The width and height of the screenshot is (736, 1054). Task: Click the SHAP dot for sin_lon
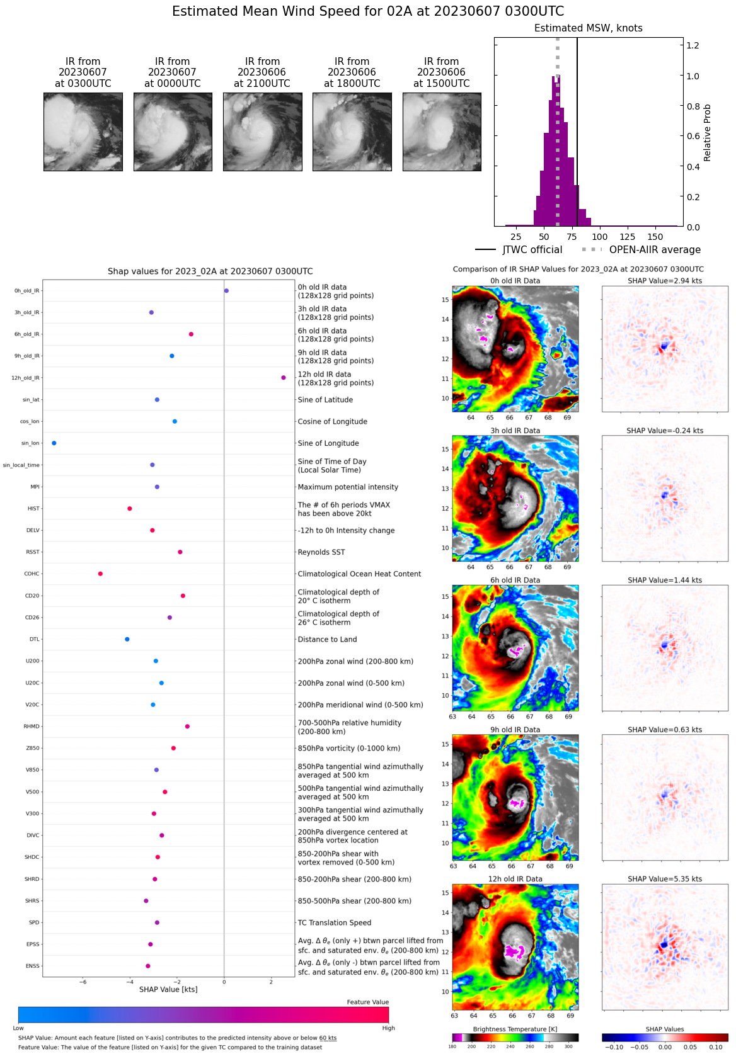[54, 443]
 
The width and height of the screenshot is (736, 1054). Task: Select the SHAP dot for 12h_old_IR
[284, 378]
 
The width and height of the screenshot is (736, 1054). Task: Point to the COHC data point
[100, 574]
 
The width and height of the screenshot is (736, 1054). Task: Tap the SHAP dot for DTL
[127, 639]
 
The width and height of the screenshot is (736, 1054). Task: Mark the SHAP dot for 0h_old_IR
[226, 291]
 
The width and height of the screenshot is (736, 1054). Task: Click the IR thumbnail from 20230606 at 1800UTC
[352, 132]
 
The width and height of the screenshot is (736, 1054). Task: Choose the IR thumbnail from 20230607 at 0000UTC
[173, 132]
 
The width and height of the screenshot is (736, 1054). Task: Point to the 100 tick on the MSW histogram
[600, 237]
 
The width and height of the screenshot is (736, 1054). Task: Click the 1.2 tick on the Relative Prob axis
[693, 45]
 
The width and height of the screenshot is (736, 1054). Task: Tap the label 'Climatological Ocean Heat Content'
[359, 574]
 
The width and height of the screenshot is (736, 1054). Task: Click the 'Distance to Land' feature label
[327, 639]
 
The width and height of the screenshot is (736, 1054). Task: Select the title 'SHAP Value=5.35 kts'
[665, 879]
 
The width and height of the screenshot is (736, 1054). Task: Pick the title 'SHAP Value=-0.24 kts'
[665, 431]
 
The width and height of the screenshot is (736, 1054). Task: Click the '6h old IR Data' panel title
[515, 580]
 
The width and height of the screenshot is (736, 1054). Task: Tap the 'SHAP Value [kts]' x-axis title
[168, 989]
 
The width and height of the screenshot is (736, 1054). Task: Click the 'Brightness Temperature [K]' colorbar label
[515, 1029]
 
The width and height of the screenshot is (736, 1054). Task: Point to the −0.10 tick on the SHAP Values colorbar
[614, 1047]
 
